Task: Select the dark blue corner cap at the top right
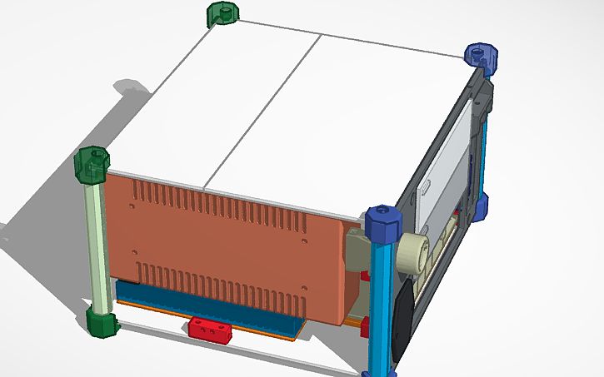481,57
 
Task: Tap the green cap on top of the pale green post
93,164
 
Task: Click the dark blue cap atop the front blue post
383,222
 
